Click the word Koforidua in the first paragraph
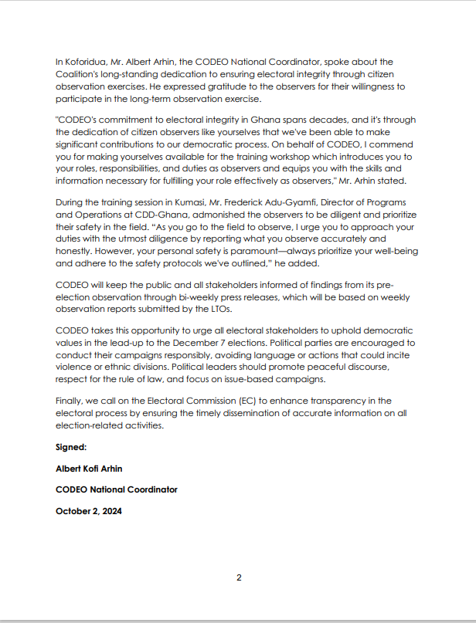[87, 62]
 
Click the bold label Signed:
[71, 447]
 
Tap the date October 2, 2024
[89, 511]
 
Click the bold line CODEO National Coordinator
[117, 489]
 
